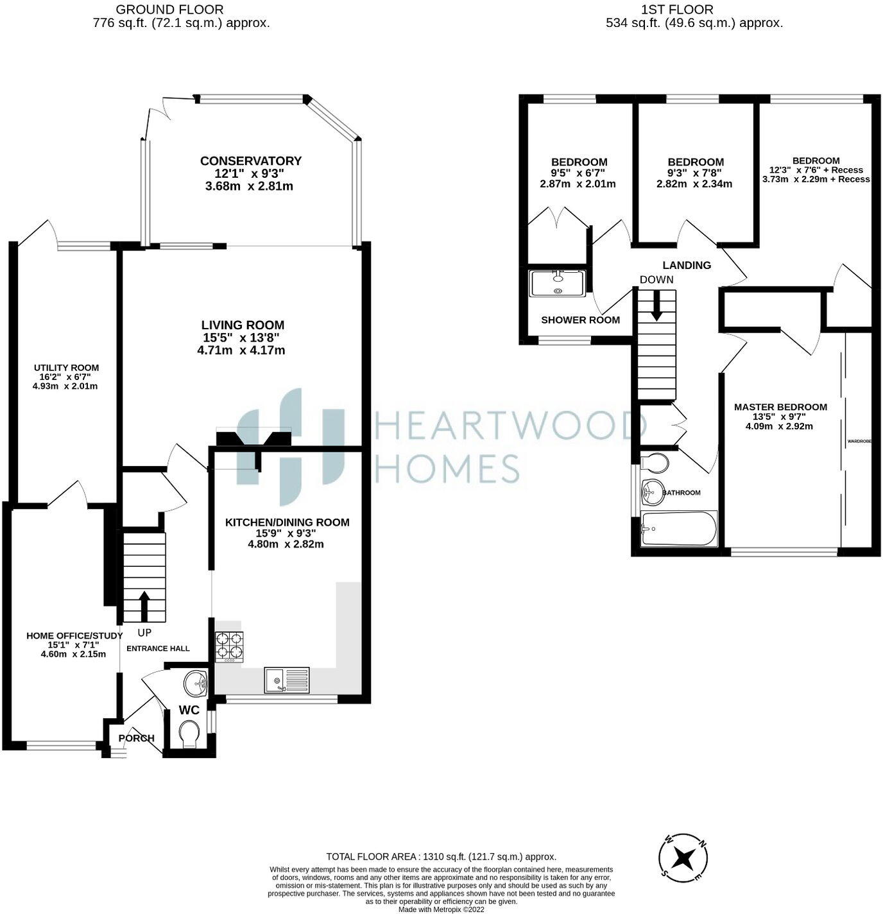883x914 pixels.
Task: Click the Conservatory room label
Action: (x=250, y=161)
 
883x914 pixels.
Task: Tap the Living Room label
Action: (x=242, y=325)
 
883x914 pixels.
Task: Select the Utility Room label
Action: (x=66, y=368)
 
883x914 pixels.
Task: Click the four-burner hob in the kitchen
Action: (x=230, y=646)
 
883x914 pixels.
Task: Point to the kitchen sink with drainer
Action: (x=286, y=680)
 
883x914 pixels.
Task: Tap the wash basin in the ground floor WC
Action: (x=194, y=684)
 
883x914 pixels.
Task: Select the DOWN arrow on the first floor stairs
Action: (x=656, y=306)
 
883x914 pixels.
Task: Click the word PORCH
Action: (x=137, y=738)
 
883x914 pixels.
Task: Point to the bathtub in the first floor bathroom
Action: (x=679, y=529)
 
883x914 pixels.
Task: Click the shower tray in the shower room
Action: (x=557, y=283)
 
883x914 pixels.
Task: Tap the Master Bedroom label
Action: (x=780, y=407)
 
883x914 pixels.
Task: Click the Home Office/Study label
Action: (x=74, y=635)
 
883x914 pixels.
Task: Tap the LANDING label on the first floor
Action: (x=687, y=265)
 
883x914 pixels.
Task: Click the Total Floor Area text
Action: (x=441, y=856)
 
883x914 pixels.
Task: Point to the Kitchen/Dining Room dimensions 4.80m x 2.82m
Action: (x=286, y=544)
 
